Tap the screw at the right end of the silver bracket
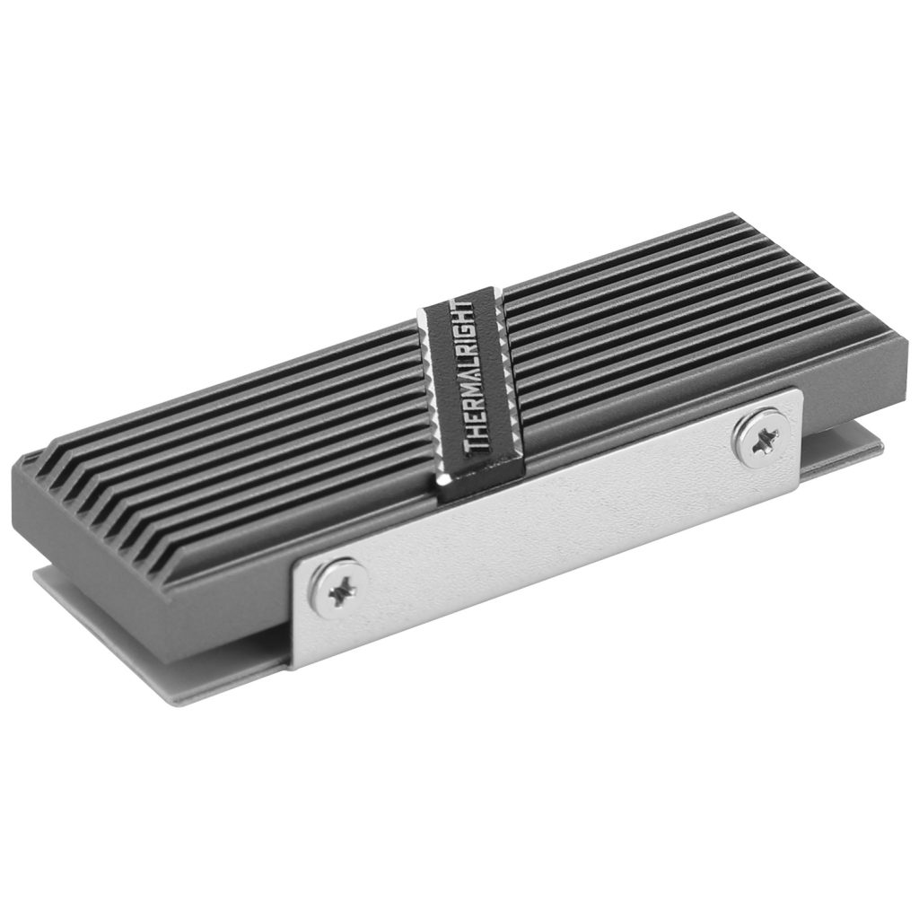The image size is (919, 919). point(762,437)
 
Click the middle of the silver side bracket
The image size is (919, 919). point(547,521)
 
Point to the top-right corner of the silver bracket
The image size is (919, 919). point(798,391)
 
